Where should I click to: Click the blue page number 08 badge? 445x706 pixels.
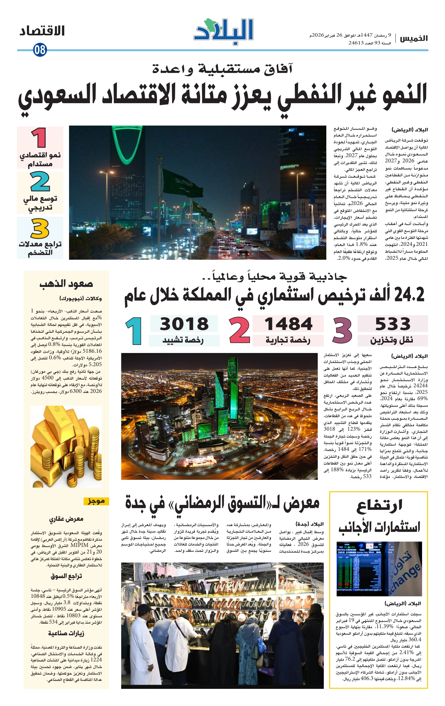point(40,50)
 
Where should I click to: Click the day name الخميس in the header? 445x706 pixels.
point(414,38)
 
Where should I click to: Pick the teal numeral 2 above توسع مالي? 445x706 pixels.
point(40,182)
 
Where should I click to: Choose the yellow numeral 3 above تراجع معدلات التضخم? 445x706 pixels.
point(40,228)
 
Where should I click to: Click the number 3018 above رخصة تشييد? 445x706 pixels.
point(184,324)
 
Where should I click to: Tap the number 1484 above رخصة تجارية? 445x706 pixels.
point(288,324)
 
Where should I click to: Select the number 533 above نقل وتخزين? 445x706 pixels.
point(393,324)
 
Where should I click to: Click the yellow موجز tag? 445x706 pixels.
point(96,501)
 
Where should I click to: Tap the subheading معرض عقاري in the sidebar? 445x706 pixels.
point(66,519)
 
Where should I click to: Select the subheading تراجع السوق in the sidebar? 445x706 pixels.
point(66,576)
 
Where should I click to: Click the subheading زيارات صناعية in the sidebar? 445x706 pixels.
point(66,633)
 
